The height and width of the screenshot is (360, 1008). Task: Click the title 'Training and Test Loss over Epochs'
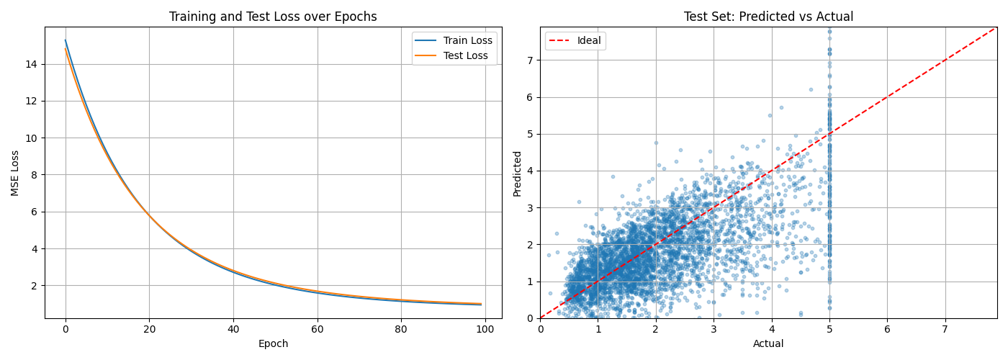[x=273, y=17]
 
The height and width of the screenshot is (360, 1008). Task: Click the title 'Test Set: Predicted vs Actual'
[x=768, y=17]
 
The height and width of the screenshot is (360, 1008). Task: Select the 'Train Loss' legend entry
[x=467, y=41]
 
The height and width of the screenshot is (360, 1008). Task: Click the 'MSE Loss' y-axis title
[x=15, y=173]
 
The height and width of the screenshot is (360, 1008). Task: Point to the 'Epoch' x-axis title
[x=273, y=344]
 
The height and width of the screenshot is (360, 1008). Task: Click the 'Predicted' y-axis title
[x=517, y=173]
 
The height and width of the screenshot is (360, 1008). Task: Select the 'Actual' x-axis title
[x=768, y=344]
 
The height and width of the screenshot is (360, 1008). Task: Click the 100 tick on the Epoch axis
[x=485, y=328]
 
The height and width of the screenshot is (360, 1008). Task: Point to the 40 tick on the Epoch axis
[x=233, y=328]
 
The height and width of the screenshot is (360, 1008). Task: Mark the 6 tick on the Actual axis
[x=887, y=328]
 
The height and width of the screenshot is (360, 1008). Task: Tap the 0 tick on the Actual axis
[x=541, y=328]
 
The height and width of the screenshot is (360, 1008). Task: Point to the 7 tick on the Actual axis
[x=945, y=328]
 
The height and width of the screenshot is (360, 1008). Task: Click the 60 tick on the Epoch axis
[x=317, y=328]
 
